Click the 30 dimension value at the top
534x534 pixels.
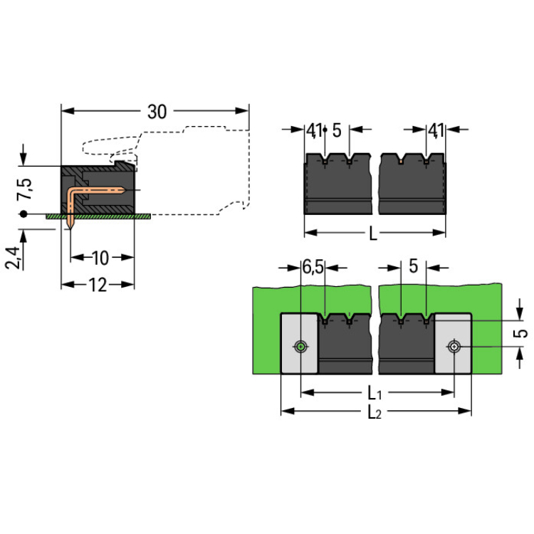[x=157, y=112]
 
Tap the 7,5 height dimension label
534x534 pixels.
[x=25, y=191]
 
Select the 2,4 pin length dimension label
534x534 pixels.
[x=13, y=257]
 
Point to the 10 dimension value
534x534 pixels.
[x=101, y=257]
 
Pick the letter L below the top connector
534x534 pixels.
[x=374, y=233]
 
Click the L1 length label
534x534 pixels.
[x=375, y=393]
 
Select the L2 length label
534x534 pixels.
[x=375, y=412]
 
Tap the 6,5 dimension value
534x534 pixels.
[x=313, y=268]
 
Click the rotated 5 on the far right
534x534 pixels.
[x=521, y=333]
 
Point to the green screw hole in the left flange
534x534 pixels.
[x=301, y=347]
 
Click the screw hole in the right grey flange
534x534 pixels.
[x=454, y=347]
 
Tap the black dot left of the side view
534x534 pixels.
[x=23, y=214]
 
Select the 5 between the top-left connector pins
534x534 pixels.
[x=337, y=130]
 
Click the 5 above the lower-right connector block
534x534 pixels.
[x=413, y=268]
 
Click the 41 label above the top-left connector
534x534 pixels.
[x=314, y=130]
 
